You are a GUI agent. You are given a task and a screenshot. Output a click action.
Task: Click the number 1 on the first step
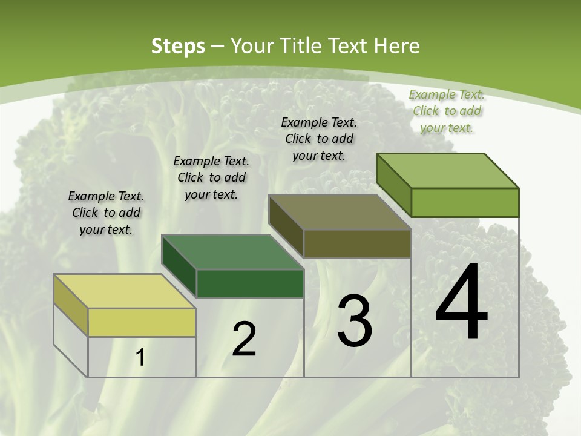(x=140, y=358)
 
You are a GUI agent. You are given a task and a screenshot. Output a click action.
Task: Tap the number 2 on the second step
(x=244, y=339)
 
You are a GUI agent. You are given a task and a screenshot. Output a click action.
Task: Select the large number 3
(x=355, y=321)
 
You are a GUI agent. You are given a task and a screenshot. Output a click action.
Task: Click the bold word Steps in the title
(x=178, y=46)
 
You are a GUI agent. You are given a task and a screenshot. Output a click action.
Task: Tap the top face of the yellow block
(x=124, y=291)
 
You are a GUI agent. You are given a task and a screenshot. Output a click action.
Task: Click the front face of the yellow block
(x=142, y=322)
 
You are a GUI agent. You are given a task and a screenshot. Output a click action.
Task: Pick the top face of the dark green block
(x=232, y=252)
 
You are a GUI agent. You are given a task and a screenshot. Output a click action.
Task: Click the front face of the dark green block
(x=250, y=283)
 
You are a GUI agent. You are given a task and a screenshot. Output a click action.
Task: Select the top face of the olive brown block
(x=340, y=212)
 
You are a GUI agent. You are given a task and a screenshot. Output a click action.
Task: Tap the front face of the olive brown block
(x=357, y=243)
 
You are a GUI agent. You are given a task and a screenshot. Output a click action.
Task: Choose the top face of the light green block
(x=447, y=171)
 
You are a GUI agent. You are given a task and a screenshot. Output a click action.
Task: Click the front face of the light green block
(x=465, y=202)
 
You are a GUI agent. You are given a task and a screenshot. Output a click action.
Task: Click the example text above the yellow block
(x=106, y=213)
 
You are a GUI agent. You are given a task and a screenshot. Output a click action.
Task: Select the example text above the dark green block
(x=211, y=177)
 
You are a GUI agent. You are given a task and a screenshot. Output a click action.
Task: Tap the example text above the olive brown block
(x=319, y=139)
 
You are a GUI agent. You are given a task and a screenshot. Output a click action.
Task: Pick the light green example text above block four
(x=447, y=111)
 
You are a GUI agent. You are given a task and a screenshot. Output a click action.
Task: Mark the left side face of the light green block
(x=393, y=185)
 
